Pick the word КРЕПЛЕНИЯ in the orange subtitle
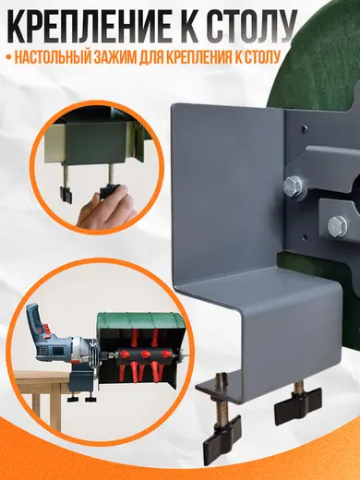[x=196, y=57]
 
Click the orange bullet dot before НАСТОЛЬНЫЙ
[x=8, y=58]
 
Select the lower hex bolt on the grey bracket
[x=338, y=226]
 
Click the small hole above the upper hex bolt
[x=304, y=126]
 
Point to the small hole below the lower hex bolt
[x=305, y=236]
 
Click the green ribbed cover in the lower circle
[x=141, y=321]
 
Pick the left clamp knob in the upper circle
[x=66, y=195]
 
